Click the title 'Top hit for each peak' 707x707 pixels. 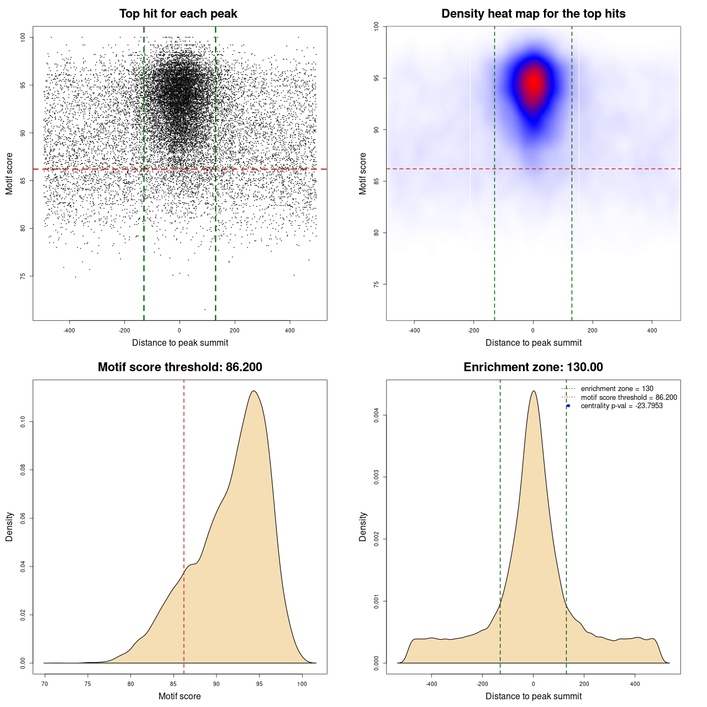tap(178, 14)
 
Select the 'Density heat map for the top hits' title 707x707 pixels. tap(533, 14)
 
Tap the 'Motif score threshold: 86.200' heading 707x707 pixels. tap(180, 367)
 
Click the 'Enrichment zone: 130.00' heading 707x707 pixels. tap(533, 367)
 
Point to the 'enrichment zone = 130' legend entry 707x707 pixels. tap(616, 389)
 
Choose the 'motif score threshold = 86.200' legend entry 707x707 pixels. tap(629, 398)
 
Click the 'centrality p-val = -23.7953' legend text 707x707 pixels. tap(621, 406)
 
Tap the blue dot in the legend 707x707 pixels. tap(568, 406)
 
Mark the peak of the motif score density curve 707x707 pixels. tap(254, 391)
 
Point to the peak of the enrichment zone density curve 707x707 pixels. tap(534, 391)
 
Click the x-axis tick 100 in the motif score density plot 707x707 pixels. tap(302, 684)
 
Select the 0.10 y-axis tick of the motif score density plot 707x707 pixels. tap(23, 422)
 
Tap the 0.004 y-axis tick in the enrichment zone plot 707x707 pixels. tap(376, 415)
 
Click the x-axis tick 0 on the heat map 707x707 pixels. tap(533, 330)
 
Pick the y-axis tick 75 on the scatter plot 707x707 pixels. tap(23, 276)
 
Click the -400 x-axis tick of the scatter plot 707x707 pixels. tap(69, 330)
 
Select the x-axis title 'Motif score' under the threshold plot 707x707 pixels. tap(180, 696)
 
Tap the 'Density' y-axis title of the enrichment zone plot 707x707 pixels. tap(363, 526)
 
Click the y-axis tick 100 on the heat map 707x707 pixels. tap(376, 27)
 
